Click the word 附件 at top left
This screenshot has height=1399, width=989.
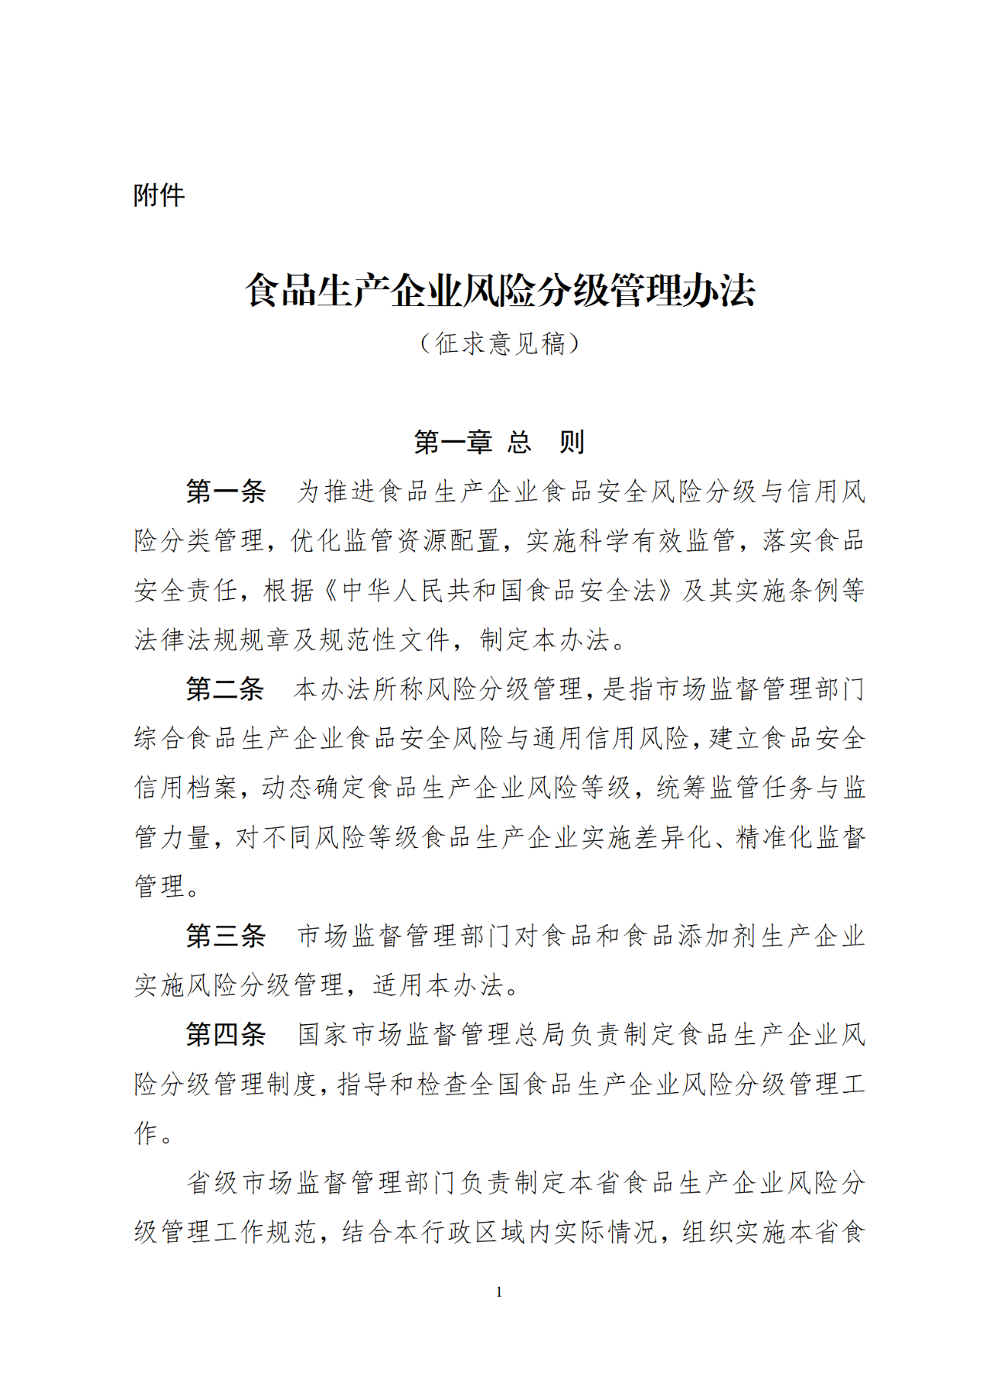pyautogui.click(x=159, y=196)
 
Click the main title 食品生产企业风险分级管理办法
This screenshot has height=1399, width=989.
pyautogui.click(x=500, y=291)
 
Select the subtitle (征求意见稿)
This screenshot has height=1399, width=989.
pyautogui.click(x=500, y=343)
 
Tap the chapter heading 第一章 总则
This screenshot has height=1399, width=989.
pyautogui.click(x=500, y=442)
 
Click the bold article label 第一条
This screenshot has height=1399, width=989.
pyautogui.click(x=226, y=492)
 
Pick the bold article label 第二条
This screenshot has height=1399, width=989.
pyautogui.click(x=226, y=689)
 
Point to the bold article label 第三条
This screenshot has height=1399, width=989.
pyautogui.click(x=226, y=937)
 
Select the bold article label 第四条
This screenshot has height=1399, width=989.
pyautogui.click(x=226, y=1035)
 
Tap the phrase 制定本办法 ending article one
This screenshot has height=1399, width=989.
pyautogui.click(x=545, y=640)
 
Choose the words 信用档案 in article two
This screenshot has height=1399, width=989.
pyautogui.click(x=185, y=788)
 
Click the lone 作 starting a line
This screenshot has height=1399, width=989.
pyautogui.click(x=147, y=1134)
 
